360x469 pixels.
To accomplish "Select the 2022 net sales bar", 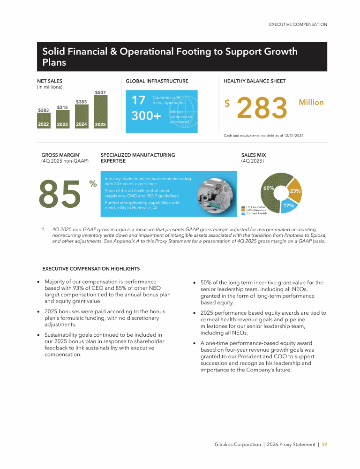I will click(44, 121).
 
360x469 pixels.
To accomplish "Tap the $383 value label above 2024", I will click(81, 101).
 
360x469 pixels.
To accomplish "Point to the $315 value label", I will click(62, 107).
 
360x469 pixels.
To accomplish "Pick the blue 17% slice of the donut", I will click(287, 206).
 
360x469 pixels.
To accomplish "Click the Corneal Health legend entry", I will click(256, 213).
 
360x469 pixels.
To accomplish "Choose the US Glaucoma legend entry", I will click(255, 207).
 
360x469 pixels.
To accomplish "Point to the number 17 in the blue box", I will click(138, 100).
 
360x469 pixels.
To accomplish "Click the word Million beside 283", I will click(311, 102).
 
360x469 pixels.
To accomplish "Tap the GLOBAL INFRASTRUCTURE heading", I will click(157, 81).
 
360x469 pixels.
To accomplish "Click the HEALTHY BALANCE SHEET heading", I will click(255, 81).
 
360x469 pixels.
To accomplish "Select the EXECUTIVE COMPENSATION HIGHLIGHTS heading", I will click(91, 269).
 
